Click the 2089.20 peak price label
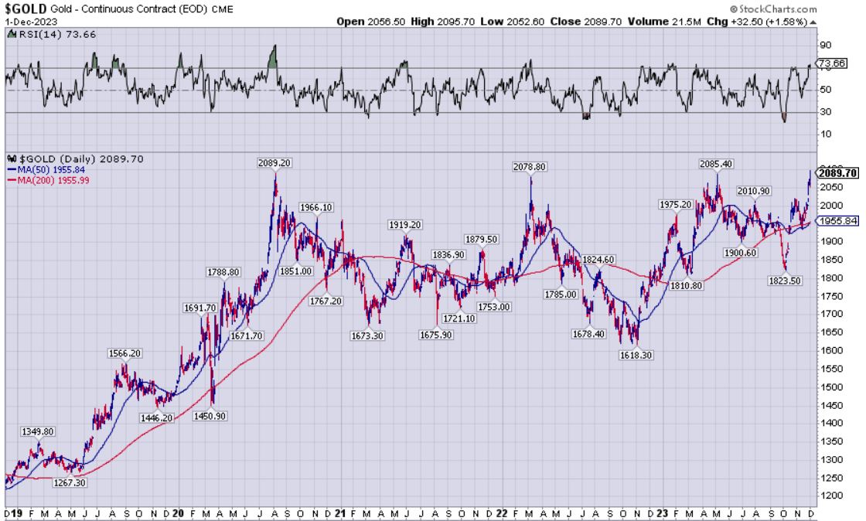[x=276, y=163]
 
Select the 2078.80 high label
[x=530, y=166]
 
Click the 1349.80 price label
[x=38, y=431]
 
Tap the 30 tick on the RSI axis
[x=823, y=112]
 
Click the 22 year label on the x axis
[x=503, y=512]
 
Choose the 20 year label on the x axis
[x=179, y=512]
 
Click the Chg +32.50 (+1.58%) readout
[x=766, y=22]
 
